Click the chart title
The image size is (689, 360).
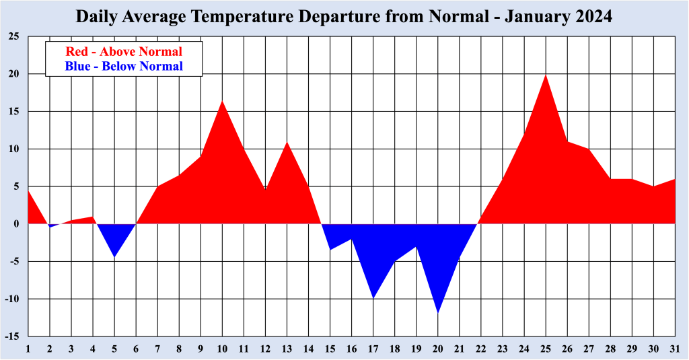click(344, 17)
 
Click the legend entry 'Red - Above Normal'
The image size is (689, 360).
click(124, 51)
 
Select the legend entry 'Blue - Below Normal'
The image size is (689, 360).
click(124, 66)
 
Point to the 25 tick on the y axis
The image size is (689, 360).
click(13, 36)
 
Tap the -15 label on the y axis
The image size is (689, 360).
click(12, 336)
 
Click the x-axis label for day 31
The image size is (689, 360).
click(675, 348)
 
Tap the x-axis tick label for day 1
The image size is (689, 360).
click(28, 348)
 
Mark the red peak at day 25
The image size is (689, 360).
click(546, 75)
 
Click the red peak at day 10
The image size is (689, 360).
click(222, 102)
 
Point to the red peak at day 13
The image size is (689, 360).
click(287, 143)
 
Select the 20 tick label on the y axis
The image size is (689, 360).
click(13, 74)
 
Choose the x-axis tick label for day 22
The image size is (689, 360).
click(481, 348)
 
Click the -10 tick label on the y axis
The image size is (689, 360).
click(12, 298)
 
